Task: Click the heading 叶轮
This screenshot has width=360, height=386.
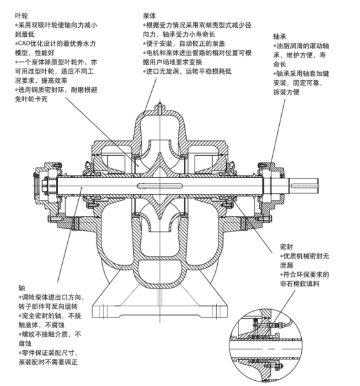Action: click(x=21, y=16)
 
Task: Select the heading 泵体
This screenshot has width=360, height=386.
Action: click(x=149, y=16)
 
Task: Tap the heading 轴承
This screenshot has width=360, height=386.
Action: click(x=280, y=37)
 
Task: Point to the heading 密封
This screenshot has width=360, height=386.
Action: click(x=287, y=247)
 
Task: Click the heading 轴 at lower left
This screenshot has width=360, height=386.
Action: click(x=22, y=288)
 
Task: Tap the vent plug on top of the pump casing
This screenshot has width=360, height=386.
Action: click(x=160, y=109)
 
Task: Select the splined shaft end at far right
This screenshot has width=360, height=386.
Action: click(x=304, y=186)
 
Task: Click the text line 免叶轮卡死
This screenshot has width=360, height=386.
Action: click(x=31, y=99)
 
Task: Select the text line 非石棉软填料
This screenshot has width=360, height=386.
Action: click(x=300, y=284)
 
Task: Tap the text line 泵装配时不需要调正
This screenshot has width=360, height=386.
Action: click(x=48, y=362)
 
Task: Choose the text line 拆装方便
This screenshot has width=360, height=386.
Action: click(x=286, y=92)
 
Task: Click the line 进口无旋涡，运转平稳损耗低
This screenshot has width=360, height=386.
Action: click(x=187, y=71)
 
